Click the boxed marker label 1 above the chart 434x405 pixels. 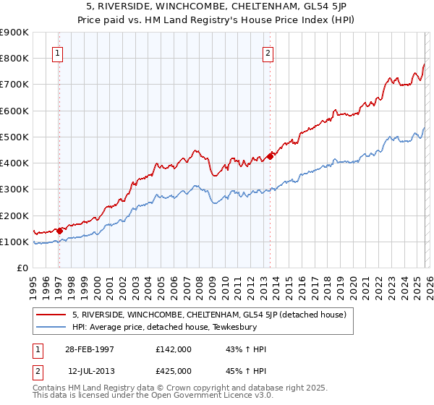(x=57, y=53)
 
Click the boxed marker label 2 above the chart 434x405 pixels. (x=268, y=53)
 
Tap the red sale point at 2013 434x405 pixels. (x=270, y=155)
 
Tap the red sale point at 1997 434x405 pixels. (x=60, y=231)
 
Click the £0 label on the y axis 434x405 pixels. (x=22, y=268)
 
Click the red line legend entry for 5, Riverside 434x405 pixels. (x=210, y=315)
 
